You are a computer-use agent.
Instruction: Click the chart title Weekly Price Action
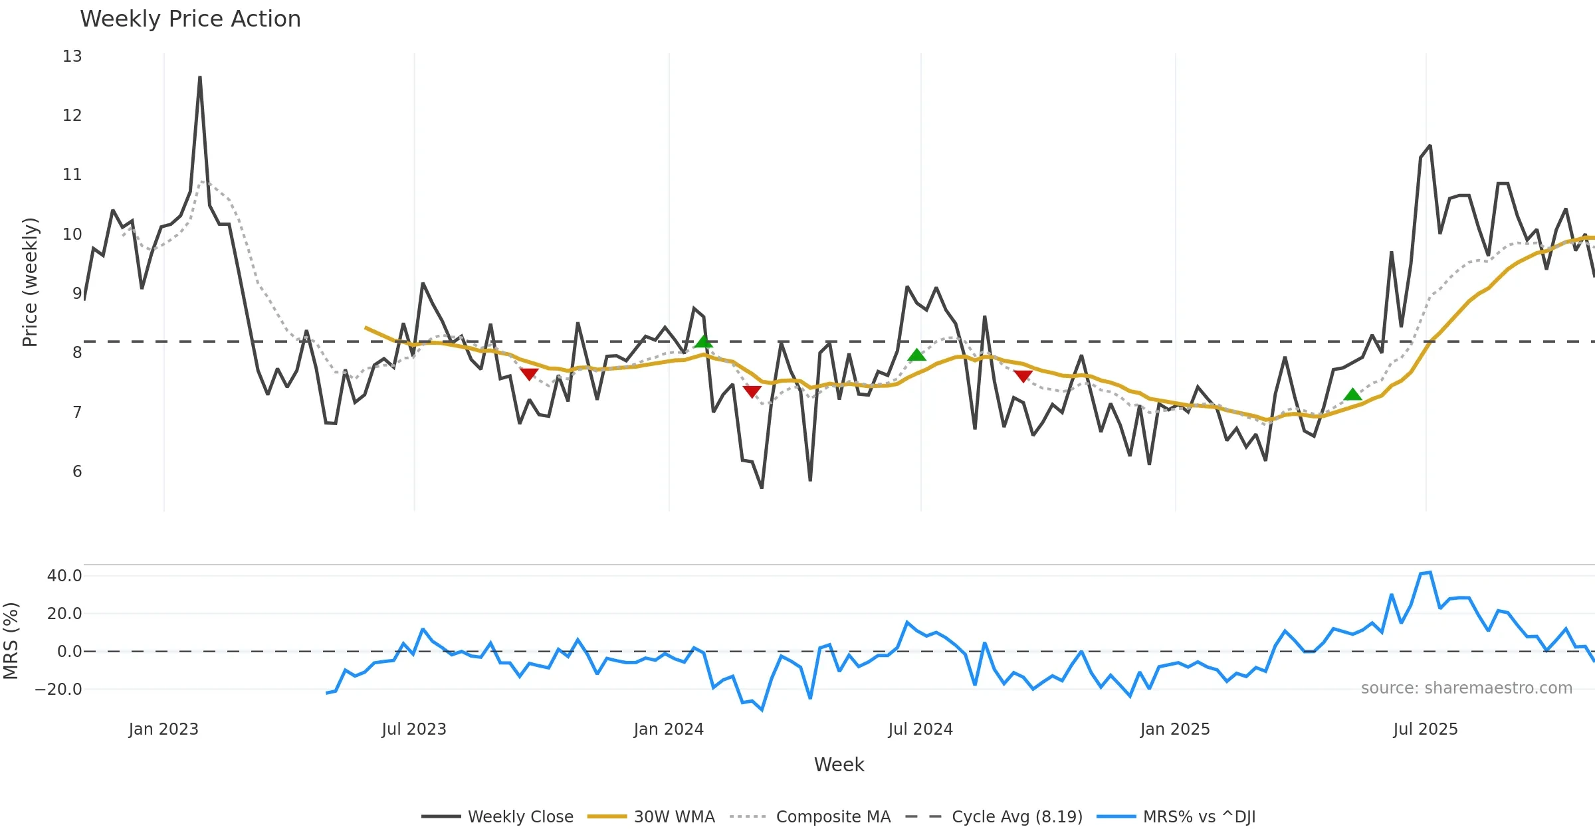[190, 19]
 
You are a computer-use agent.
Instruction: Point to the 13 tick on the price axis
[72, 56]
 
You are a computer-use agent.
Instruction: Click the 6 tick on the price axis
[77, 472]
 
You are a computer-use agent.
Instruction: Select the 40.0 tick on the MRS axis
[64, 576]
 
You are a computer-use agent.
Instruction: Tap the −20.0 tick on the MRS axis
[58, 690]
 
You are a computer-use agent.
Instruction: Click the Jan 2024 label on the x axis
[669, 729]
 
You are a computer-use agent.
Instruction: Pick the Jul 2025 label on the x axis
[1426, 729]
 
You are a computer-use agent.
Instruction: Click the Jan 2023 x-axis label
[163, 729]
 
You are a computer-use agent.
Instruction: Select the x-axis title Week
[839, 765]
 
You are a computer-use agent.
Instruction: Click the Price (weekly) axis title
[30, 282]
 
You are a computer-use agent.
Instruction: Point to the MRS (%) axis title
[11, 641]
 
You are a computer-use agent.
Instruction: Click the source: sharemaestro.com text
[1466, 688]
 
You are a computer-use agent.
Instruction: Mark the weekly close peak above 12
[200, 78]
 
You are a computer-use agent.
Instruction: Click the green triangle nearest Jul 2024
[916, 355]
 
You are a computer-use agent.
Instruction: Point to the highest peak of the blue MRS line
[1430, 572]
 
